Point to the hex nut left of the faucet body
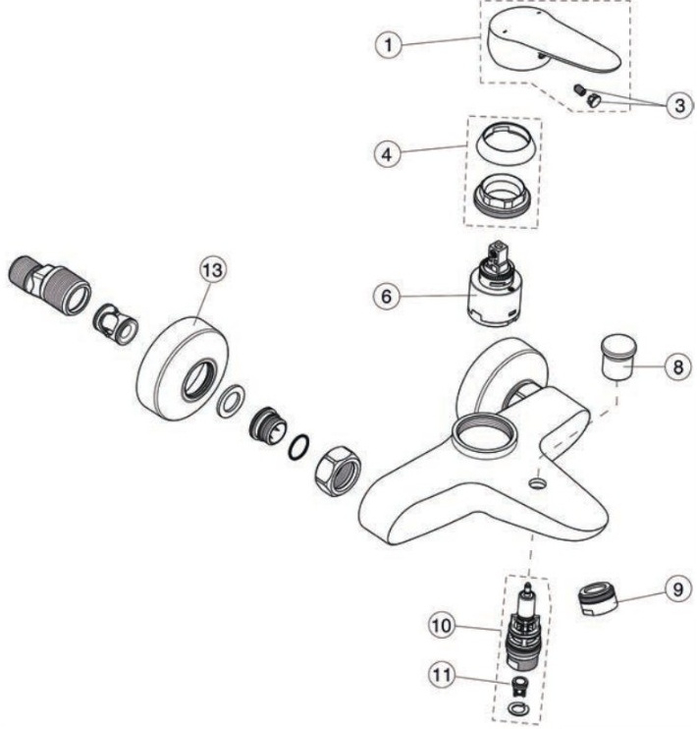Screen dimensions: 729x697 (x=336, y=465)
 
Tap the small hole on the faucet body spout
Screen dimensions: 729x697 (x=537, y=483)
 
